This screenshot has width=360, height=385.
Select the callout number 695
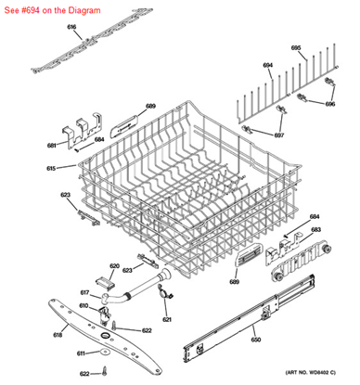click(297, 47)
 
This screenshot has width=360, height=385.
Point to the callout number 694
click(267, 65)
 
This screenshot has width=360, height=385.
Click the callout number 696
click(330, 104)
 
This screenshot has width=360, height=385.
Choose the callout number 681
click(52, 146)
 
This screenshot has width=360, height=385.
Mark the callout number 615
click(51, 168)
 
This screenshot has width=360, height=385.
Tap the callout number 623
click(65, 195)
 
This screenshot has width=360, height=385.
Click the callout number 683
click(315, 230)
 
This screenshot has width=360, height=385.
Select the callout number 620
click(114, 266)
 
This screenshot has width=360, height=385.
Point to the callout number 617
click(84, 292)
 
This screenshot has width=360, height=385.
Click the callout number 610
click(84, 305)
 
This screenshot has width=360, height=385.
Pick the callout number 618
click(58, 334)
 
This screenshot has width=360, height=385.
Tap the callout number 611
click(81, 353)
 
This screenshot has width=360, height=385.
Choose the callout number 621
click(167, 320)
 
